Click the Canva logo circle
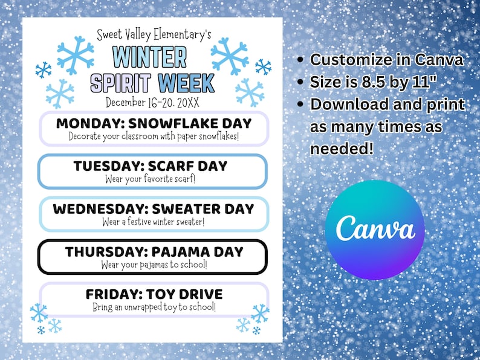click(375, 230)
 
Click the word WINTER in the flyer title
click(150, 57)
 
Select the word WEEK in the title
click(186, 82)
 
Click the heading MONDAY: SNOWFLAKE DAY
click(154, 123)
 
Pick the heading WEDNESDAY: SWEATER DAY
click(154, 209)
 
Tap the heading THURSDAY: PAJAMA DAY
click(154, 251)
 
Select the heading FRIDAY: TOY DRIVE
click(154, 294)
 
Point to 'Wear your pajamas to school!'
click(154, 264)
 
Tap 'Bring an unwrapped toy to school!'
click(154, 307)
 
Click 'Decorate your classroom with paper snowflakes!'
click(154, 136)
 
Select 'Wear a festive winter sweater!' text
click(154, 221)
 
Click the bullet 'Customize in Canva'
click(386, 60)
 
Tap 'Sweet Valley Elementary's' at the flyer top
click(154, 34)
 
